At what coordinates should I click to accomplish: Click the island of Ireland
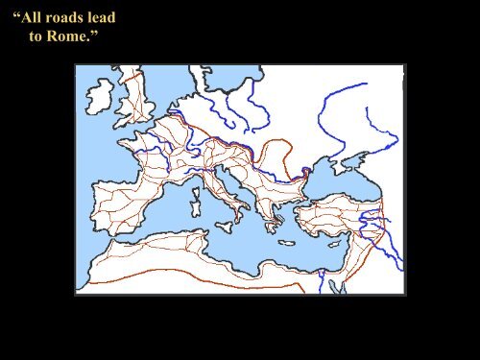[100, 94]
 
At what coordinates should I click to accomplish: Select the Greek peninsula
[272, 217]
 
